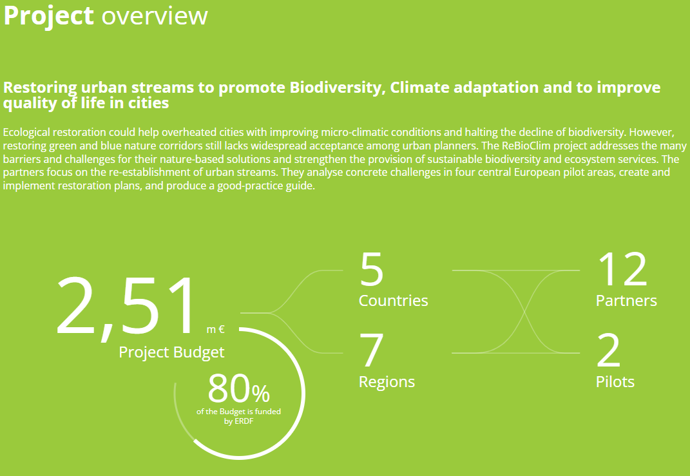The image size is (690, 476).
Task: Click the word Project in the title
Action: tap(48, 17)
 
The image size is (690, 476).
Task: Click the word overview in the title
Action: tap(155, 16)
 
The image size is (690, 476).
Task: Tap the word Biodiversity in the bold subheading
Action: tap(337, 88)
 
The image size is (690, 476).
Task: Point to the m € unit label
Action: tap(216, 330)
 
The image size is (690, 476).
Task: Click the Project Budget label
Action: tap(171, 352)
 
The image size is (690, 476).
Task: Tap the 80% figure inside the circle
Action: tap(238, 389)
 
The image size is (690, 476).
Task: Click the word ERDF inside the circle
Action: tap(245, 421)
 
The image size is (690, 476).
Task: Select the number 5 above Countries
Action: tap(371, 269)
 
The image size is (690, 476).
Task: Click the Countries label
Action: tap(394, 301)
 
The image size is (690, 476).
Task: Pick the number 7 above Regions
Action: tap(371, 350)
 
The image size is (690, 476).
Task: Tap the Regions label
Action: tap(387, 382)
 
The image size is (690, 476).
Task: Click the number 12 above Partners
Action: tap(622, 269)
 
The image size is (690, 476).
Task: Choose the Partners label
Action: tap(626, 301)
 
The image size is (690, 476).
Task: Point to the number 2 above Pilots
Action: tap(609, 350)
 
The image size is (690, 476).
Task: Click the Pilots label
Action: tap(615, 382)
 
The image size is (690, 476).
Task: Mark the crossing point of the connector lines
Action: tap(524, 312)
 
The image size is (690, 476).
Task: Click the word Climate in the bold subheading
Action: tap(419, 88)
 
